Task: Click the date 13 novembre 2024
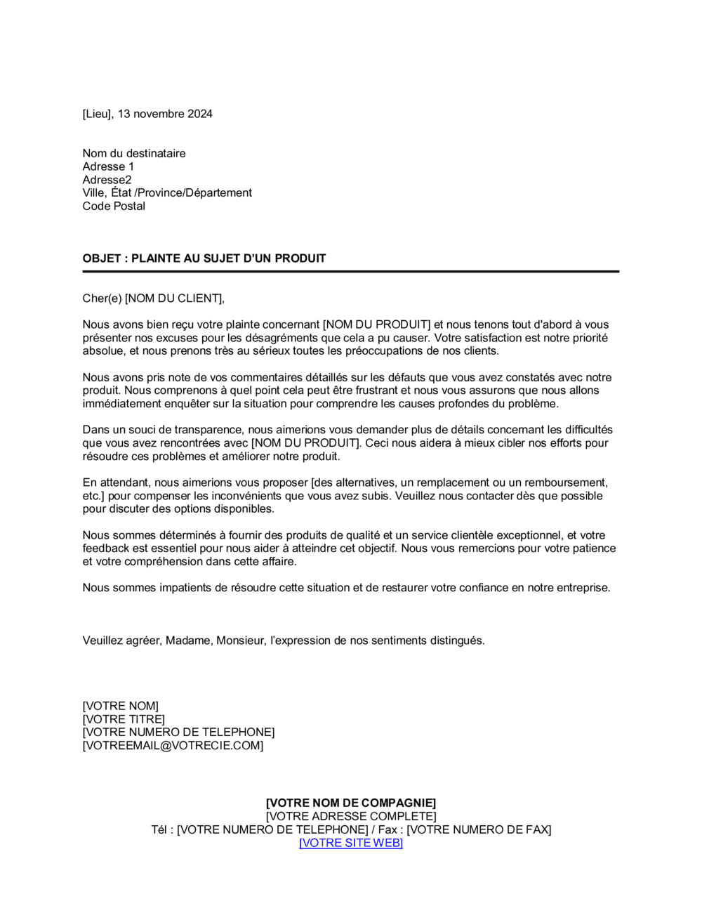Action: [x=165, y=114]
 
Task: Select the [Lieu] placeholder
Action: [x=97, y=114]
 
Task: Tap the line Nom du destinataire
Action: [x=134, y=153]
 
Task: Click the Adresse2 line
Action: [x=107, y=180]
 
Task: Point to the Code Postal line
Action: [x=114, y=206]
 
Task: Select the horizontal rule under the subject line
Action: [x=350, y=271]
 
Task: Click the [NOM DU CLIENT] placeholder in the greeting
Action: [x=174, y=298]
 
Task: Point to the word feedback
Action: [x=105, y=549]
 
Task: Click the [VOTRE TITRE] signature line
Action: [x=124, y=719]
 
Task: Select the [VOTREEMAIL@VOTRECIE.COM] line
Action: [x=173, y=745]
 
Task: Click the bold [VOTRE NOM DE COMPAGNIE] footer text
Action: [x=350, y=803]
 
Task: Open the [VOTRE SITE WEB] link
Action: [x=350, y=843]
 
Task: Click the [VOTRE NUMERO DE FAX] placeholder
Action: [x=479, y=829]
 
